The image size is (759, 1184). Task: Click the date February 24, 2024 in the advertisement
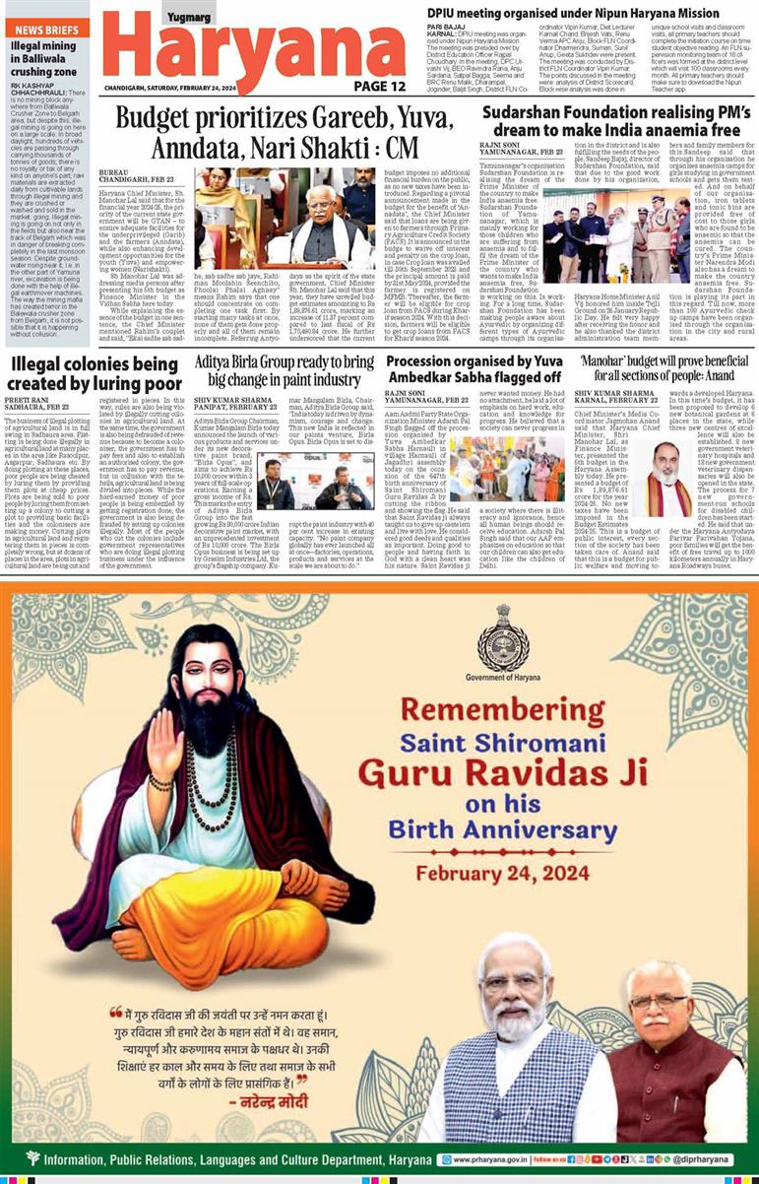(502, 873)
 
